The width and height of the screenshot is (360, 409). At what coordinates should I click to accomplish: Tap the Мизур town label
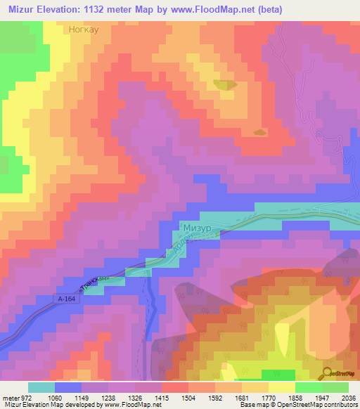[x=196, y=228]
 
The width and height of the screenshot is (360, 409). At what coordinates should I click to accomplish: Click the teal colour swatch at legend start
[x=41, y=387]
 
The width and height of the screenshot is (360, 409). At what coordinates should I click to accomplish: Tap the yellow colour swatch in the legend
[x=281, y=387]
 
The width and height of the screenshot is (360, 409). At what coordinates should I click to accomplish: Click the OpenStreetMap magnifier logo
[x=328, y=372]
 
